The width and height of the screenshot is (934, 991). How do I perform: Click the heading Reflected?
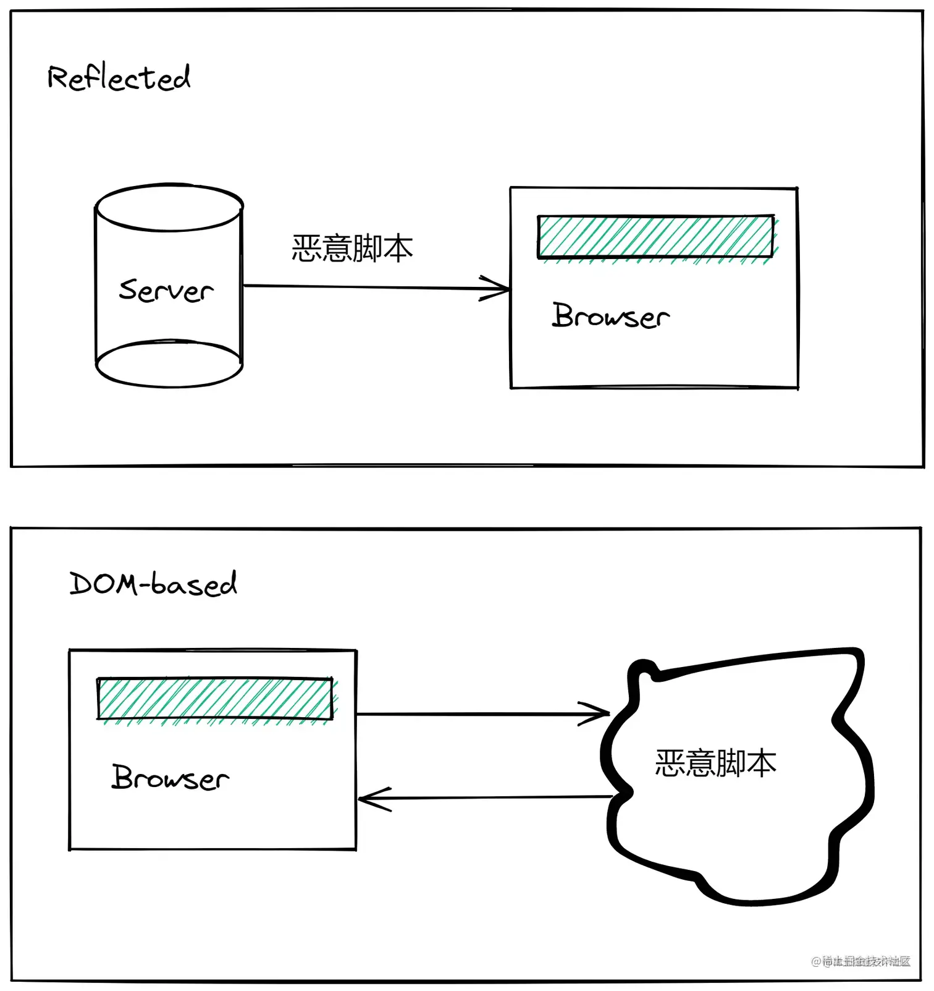point(119,79)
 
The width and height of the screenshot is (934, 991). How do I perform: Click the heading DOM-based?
point(153,584)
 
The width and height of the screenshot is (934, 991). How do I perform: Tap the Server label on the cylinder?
point(166,291)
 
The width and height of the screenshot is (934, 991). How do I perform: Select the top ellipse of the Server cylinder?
point(169,208)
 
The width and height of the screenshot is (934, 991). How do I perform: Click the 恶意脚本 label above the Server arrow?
point(352,249)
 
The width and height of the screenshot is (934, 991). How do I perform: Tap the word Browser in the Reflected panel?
point(610,316)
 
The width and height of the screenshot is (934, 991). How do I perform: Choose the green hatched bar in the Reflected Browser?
point(655,237)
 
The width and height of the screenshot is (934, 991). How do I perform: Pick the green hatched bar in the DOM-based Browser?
point(215,699)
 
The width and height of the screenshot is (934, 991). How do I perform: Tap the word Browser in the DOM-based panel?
point(170,778)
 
